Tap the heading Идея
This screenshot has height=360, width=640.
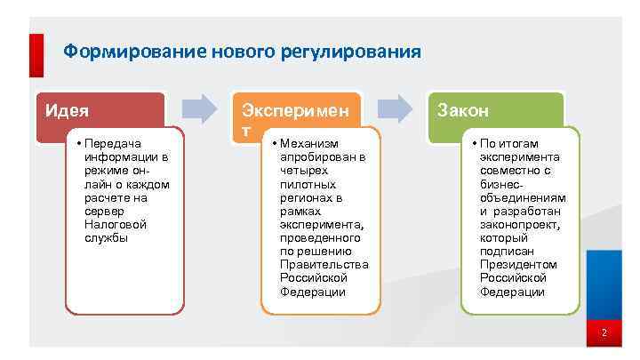(68, 111)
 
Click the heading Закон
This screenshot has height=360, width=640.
(463, 111)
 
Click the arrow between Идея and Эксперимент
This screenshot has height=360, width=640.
(205, 108)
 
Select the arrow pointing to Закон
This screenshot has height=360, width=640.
(400, 108)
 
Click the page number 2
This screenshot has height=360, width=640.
(604, 333)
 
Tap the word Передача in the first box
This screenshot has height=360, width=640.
(116, 143)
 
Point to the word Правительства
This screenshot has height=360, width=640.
(324, 265)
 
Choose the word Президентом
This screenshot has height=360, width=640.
(517, 265)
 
